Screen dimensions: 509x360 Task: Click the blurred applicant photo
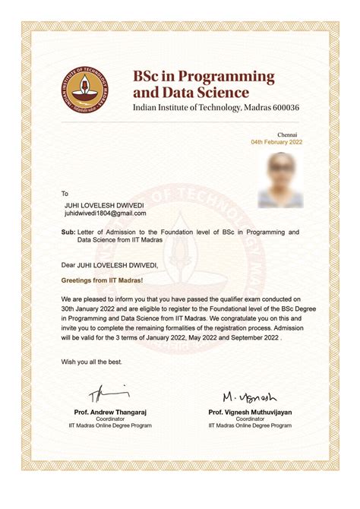[279, 180]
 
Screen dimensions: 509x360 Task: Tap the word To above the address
[65, 194]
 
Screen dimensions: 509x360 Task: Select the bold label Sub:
[68, 231]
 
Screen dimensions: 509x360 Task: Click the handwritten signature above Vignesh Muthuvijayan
[250, 397]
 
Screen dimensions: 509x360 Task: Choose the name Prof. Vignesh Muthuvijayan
[250, 412]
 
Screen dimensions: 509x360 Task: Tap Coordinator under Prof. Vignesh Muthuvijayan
[250, 419]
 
